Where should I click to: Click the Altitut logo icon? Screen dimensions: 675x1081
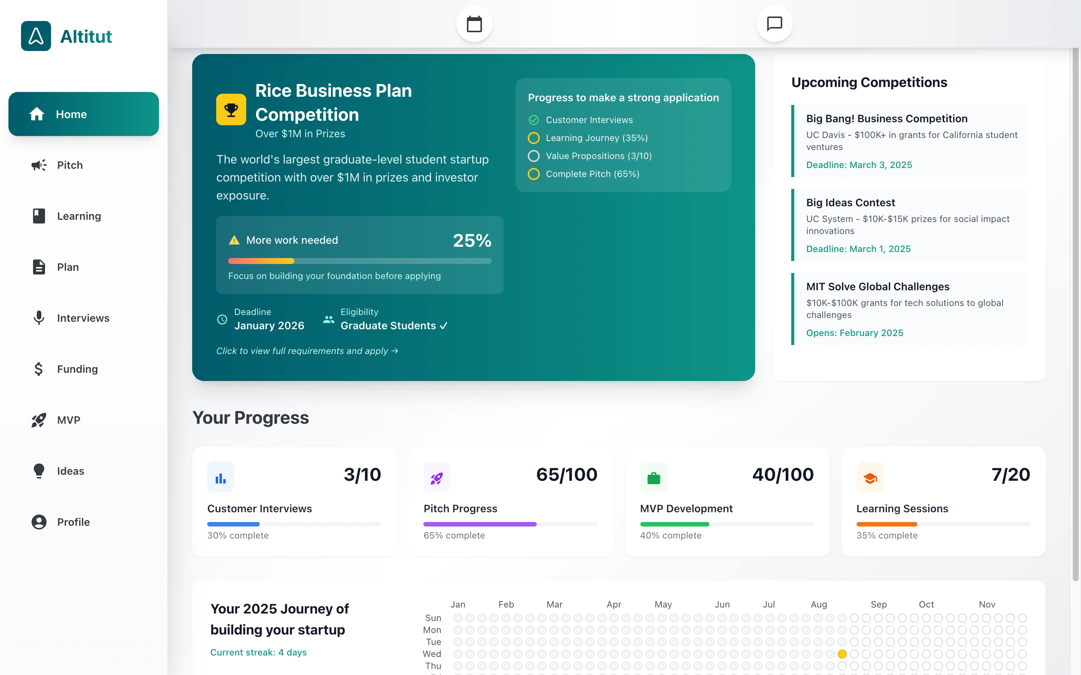point(36,36)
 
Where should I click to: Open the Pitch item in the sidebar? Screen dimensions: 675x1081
point(70,165)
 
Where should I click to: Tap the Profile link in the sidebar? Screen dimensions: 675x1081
point(73,522)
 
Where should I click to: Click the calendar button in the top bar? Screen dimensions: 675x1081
point(474,24)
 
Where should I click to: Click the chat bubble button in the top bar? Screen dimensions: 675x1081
point(774,24)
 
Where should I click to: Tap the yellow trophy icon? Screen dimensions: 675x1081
point(231,109)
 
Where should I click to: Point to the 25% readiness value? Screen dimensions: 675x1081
point(472,241)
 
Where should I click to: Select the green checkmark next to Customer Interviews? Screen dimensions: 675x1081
point(533,120)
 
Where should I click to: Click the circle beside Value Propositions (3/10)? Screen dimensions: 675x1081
point(533,156)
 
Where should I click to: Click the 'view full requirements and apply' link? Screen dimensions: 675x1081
point(307,351)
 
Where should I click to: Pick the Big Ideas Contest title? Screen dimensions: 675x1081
point(850,202)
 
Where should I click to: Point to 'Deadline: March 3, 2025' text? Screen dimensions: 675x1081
point(858,165)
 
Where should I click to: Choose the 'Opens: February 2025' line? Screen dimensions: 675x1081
point(854,333)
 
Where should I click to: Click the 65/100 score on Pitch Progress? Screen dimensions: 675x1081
point(566,474)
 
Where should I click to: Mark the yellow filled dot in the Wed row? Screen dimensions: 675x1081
point(842,654)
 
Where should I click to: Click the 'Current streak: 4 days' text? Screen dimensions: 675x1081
point(258,652)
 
